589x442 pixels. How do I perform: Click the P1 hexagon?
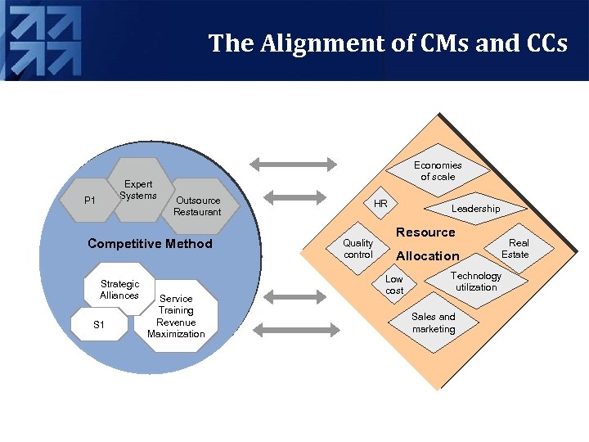click(x=90, y=200)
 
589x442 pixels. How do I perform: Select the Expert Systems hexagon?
click(x=140, y=190)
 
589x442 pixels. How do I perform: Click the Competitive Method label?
click(x=150, y=243)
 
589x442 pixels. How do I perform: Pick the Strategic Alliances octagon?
click(x=119, y=290)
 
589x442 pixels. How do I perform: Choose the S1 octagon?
click(x=99, y=325)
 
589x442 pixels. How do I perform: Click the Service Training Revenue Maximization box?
click(x=176, y=316)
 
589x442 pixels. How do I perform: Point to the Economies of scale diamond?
click(x=437, y=171)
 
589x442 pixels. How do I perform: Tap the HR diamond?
click(x=381, y=203)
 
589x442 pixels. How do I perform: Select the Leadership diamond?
click(x=475, y=209)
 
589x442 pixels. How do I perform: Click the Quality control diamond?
click(x=358, y=249)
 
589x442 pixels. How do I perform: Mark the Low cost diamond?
click(x=394, y=285)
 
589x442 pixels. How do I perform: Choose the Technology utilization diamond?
click(x=475, y=282)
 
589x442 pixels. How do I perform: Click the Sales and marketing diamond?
click(x=434, y=322)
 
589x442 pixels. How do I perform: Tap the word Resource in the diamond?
click(x=425, y=232)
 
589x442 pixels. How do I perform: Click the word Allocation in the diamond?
click(x=428, y=255)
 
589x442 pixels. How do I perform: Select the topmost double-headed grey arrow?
click(x=293, y=165)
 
